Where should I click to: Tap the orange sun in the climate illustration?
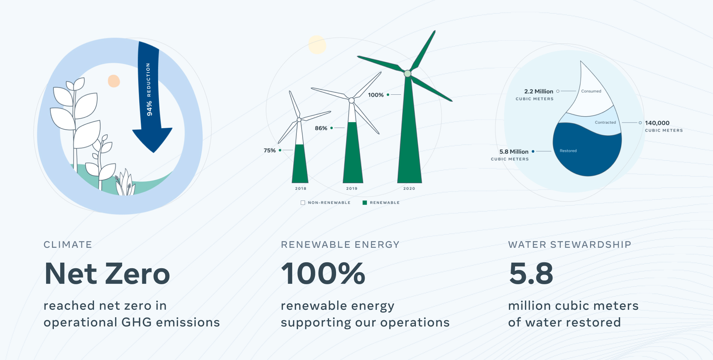tap(114, 81)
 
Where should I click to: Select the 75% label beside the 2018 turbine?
tap(270, 150)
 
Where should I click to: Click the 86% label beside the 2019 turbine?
tap(321, 128)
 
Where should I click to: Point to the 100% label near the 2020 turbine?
tap(375, 95)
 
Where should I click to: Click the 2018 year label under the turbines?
tap(301, 188)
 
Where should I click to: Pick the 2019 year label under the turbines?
tap(352, 188)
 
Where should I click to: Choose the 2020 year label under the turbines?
tap(409, 188)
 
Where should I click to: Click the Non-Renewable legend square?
tap(303, 202)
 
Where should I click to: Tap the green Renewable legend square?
tap(365, 202)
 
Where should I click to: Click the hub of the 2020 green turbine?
tap(407, 74)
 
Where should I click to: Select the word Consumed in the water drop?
tap(591, 91)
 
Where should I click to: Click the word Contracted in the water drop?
tap(605, 122)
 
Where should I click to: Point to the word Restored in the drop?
tap(568, 151)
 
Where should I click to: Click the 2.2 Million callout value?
tap(538, 91)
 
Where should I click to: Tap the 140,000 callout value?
tap(657, 123)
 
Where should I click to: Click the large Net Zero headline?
tap(107, 274)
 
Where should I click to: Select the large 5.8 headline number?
tap(531, 274)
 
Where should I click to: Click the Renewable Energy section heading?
tap(340, 244)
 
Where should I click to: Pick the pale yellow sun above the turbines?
tap(317, 45)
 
